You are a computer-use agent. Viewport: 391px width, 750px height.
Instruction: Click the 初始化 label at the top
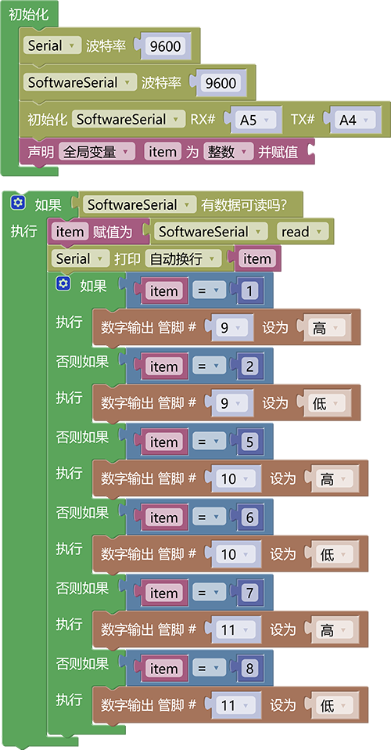(x=29, y=14)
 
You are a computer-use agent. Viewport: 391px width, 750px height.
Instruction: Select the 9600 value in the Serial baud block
(x=165, y=46)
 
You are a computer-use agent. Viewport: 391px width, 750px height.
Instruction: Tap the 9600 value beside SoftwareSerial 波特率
(x=221, y=83)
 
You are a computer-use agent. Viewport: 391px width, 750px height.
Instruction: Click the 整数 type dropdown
(x=228, y=152)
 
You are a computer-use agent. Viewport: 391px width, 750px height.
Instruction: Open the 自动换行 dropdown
(x=183, y=259)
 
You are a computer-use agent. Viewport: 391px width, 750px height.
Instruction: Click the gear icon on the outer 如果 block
(x=18, y=203)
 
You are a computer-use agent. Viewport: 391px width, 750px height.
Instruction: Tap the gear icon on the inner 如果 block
(x=63, y=283)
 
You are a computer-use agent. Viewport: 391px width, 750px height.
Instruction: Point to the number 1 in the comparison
(x=249, y=290)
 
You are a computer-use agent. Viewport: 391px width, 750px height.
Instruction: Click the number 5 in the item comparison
(x=249, y=442)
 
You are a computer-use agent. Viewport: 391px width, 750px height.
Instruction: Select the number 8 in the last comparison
(x=249, y=669)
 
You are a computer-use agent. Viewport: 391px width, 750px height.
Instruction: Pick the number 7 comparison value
(x=249, y=593)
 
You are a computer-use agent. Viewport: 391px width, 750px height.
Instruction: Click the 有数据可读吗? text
(x=244, y=204)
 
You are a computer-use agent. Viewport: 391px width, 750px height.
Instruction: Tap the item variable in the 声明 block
(x=163, y=152)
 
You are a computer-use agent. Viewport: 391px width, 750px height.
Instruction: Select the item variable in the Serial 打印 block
(x=257, y=259)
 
